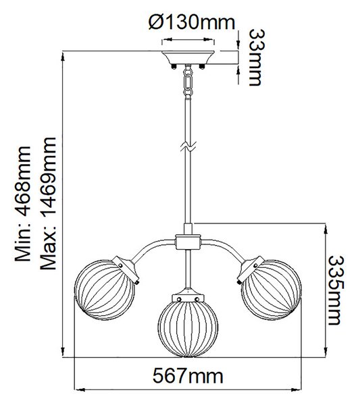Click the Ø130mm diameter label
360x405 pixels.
pos(192,22)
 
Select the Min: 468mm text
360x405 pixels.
pos(23,204)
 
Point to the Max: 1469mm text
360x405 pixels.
pos(49,204)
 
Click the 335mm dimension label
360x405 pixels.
pos(336,290)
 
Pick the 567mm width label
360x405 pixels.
pos(188,376)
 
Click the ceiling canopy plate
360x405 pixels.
pos(188,57)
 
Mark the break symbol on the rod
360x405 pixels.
pos(188,146)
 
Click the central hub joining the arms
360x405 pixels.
pos(188,242)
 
